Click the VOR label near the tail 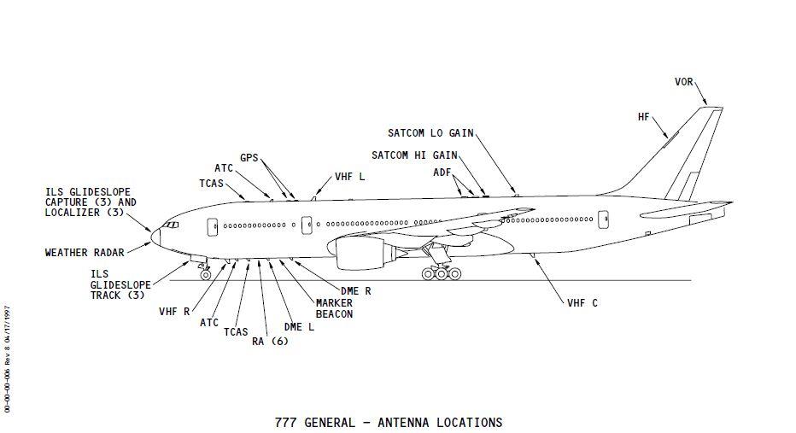(683, 82)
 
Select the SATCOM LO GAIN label (430, 133)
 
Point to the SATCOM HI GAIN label (414, 155)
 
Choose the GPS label (249, 158)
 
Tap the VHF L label (349, 176)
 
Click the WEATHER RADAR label (85, 252)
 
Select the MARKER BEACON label (334, 308)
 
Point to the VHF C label (582, 303)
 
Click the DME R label (355, 290)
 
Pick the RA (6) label (270, 341)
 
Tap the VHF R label (174, 312)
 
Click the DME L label (299, 326)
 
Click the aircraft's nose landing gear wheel (205, 275)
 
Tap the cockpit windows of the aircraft (171, 225)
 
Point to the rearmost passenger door (603, 219)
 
